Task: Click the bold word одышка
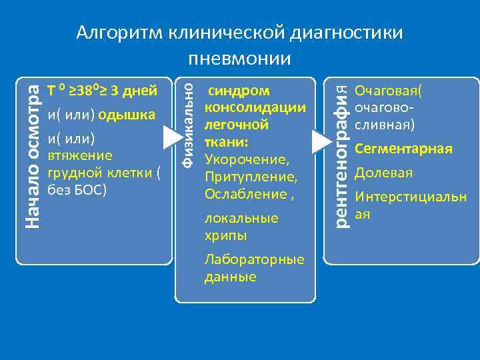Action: [127, 115]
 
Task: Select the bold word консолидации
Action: [255, 107]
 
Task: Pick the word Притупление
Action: [251, 177]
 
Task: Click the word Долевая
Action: [383, 173]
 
